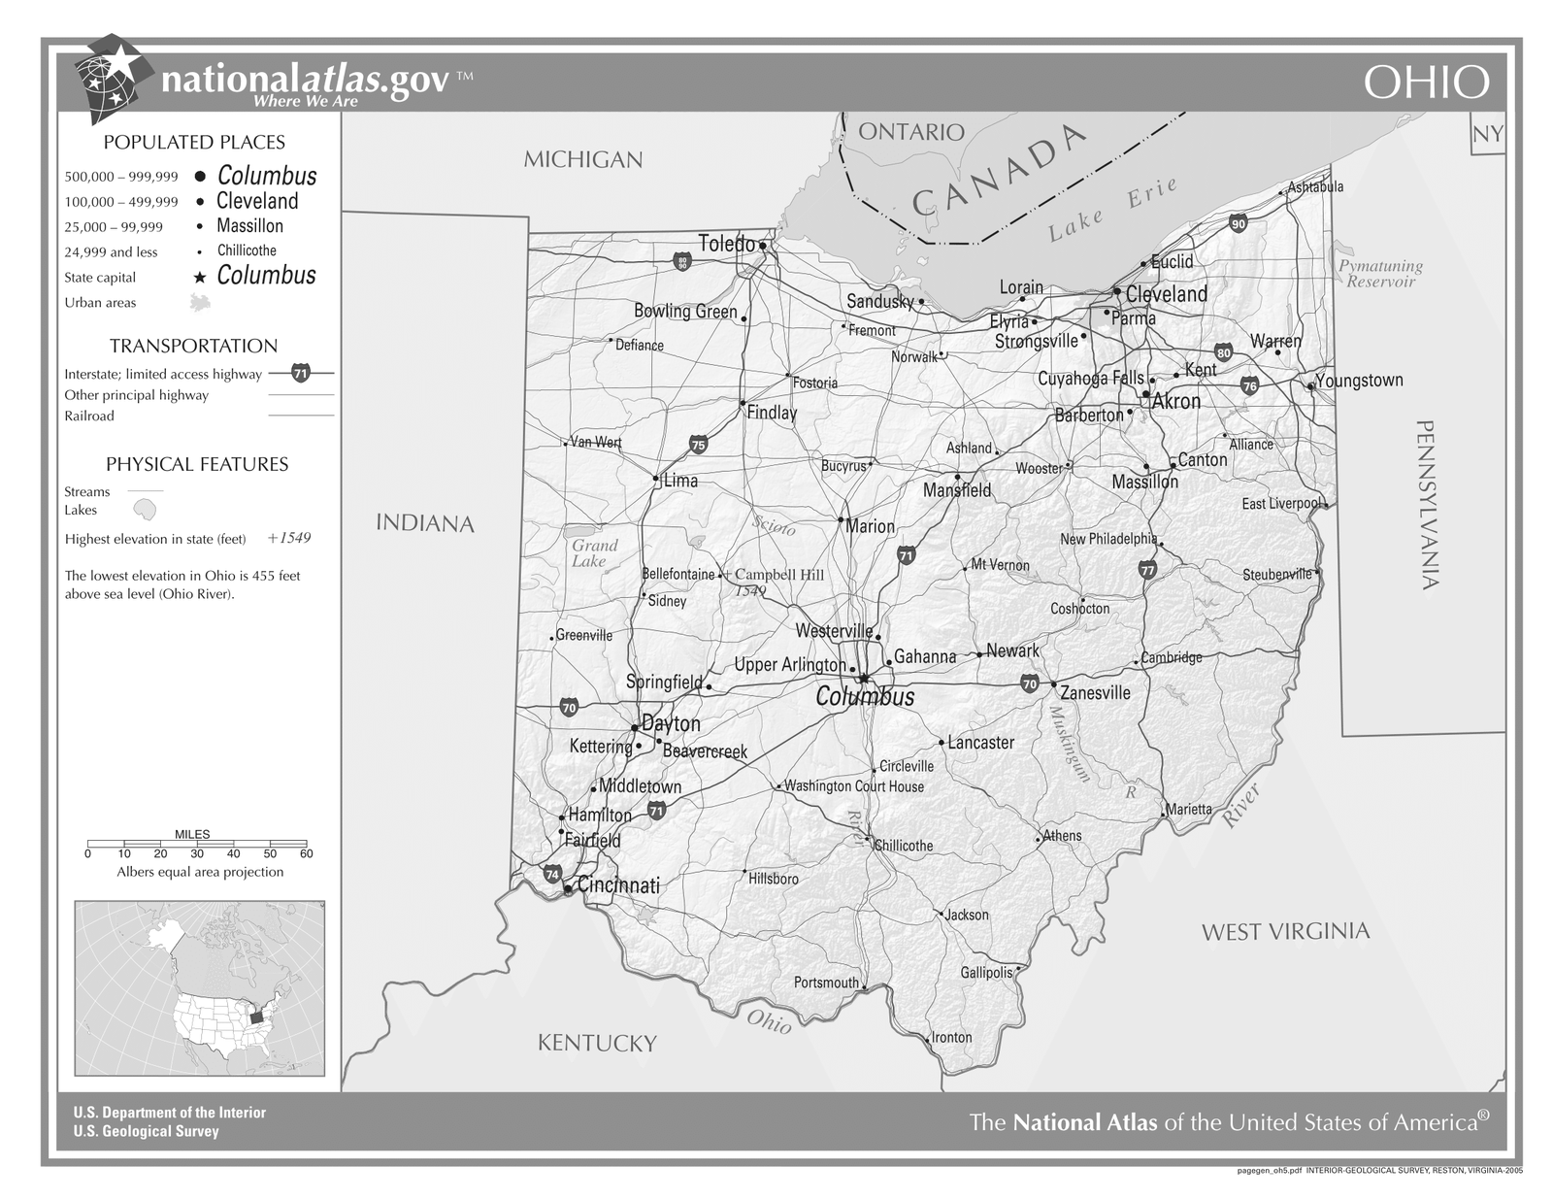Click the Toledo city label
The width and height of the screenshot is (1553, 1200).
(727, 244)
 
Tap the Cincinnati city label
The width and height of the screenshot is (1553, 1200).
(618, 885)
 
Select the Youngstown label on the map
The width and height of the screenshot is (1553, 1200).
(1359, 381)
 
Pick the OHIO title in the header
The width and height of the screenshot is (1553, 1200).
(1426, 83)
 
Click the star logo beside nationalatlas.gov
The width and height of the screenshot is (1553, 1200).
(116, 77)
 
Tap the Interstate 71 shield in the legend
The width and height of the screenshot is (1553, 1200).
(301, 373)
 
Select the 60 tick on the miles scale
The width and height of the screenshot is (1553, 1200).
(307, 854)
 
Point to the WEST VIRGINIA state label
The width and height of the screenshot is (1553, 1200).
(1285, 932)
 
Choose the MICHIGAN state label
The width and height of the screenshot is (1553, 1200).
(583, 159)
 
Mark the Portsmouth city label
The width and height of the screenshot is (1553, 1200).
(827, 983)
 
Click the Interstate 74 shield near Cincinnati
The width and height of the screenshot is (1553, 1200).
(552, 874)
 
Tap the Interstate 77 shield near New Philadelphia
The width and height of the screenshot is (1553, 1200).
(1148, 570)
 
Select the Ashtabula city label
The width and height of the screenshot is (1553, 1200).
(1315, 186)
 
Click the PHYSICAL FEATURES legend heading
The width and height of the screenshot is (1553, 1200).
(197, 464)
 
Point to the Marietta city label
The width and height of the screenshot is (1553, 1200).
(1189, 809)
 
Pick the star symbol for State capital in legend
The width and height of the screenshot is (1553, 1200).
(199, 278)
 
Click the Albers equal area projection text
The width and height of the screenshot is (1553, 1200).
(200, 872)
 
